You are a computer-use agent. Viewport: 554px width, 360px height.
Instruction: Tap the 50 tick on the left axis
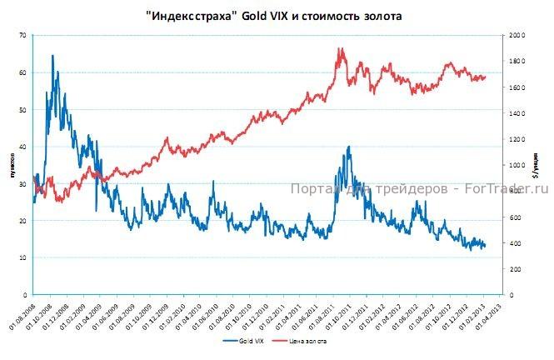tap(22, 110)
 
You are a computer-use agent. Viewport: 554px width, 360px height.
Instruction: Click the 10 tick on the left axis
tap(22, 258)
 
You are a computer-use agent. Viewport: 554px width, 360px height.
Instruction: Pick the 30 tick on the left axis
tap(22, 184)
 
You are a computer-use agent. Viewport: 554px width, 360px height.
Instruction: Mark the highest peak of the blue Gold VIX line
tap(52, 56)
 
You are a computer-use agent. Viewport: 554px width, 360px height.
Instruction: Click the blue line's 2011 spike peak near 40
tap(348, 147)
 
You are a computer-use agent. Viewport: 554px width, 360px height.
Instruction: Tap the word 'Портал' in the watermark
tap(310, 188)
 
